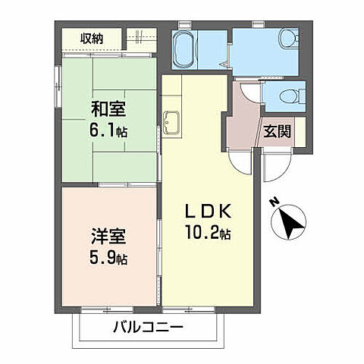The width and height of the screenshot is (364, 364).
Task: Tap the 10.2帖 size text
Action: pos(206,234)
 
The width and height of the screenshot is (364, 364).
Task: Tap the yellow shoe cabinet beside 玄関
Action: pos(300,132)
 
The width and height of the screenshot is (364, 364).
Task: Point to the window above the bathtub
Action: pos(184,25)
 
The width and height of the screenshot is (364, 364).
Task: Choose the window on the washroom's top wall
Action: pos(259,25)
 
